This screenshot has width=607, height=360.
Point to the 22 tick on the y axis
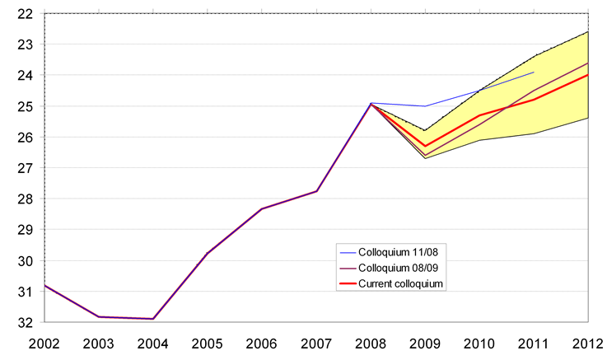24,14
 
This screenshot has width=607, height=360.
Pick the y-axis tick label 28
24,199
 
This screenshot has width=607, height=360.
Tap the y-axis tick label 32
24,322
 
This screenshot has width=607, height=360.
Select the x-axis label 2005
207,343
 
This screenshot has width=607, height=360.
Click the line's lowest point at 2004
153,319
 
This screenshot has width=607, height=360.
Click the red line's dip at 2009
425,147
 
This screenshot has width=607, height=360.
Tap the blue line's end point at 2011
534,72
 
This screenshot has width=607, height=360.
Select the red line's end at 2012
587,75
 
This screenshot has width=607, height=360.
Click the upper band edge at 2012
587,32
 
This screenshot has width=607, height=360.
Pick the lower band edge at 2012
587,118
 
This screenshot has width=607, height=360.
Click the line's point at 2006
262,208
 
